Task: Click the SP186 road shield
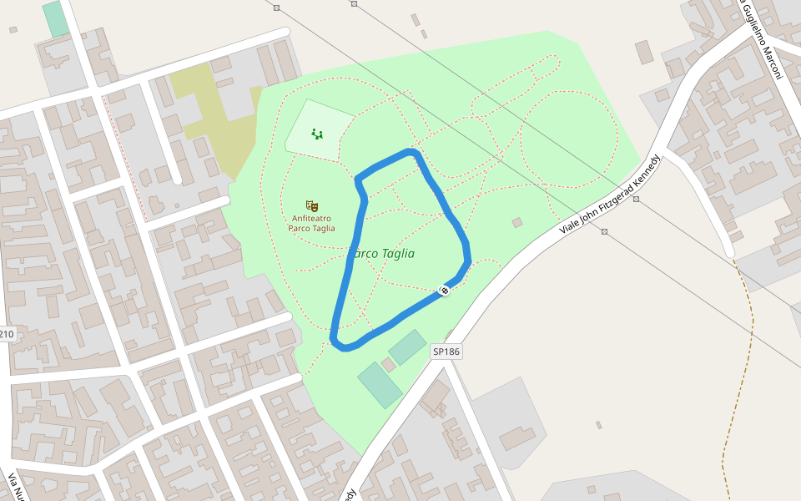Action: pos(446,352)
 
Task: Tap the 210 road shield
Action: pos(7,335)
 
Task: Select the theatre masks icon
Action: pos(311,205)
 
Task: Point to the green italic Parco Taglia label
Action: pos(382,253)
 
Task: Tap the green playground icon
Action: pos(316,133)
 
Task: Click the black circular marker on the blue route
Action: pos(444,290)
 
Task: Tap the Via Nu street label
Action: pos(14,485)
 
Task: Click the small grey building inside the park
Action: pos(517,222)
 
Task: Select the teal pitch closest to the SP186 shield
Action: pos(407,347)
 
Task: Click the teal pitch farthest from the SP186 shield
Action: pos(380,384)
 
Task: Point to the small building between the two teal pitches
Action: pos(389,365)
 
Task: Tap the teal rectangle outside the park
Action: pos(56,19)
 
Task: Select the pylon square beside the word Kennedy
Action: pos(637,199)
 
